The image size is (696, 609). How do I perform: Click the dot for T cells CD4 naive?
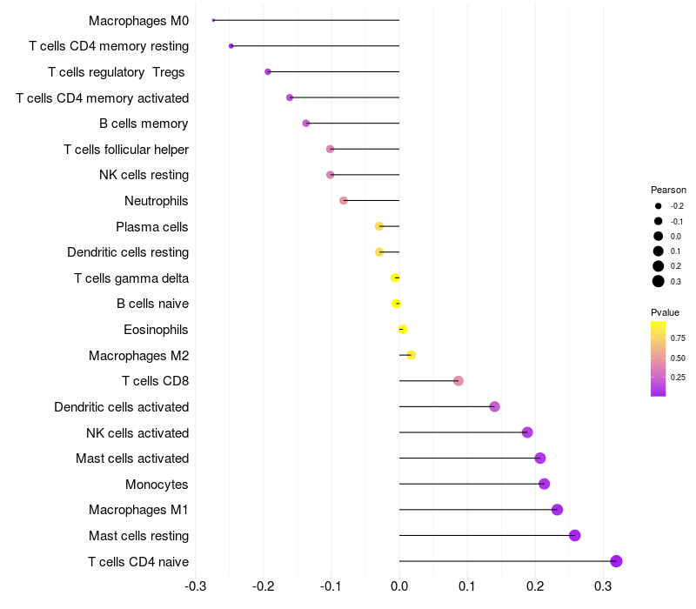(x=616, y=561)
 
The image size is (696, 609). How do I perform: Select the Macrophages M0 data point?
(x=213, y=20)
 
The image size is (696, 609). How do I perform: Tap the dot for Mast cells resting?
(x=574, y=535)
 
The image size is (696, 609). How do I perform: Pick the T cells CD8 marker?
(x=458, y=381)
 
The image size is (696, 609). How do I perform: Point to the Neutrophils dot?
(x=344, y=201)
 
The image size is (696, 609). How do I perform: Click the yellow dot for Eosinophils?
(x=402, y=330)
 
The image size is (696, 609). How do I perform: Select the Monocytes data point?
(x=544, y=484)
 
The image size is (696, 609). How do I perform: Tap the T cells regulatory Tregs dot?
(x=268, y=71)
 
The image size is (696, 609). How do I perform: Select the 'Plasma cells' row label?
(x=152, y=227)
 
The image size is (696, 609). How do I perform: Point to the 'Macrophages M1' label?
(x=138, y=510)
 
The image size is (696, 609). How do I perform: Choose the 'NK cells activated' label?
(x=137, y=432)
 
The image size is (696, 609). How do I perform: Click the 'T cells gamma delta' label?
(x=131, y=278)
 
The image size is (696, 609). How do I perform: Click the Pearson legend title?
(x=668, y=190)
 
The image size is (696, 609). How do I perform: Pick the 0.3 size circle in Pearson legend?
(x=659, y=281)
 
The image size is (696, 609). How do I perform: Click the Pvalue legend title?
(x=665, y=312)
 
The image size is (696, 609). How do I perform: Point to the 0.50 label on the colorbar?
(x=678, y=358)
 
